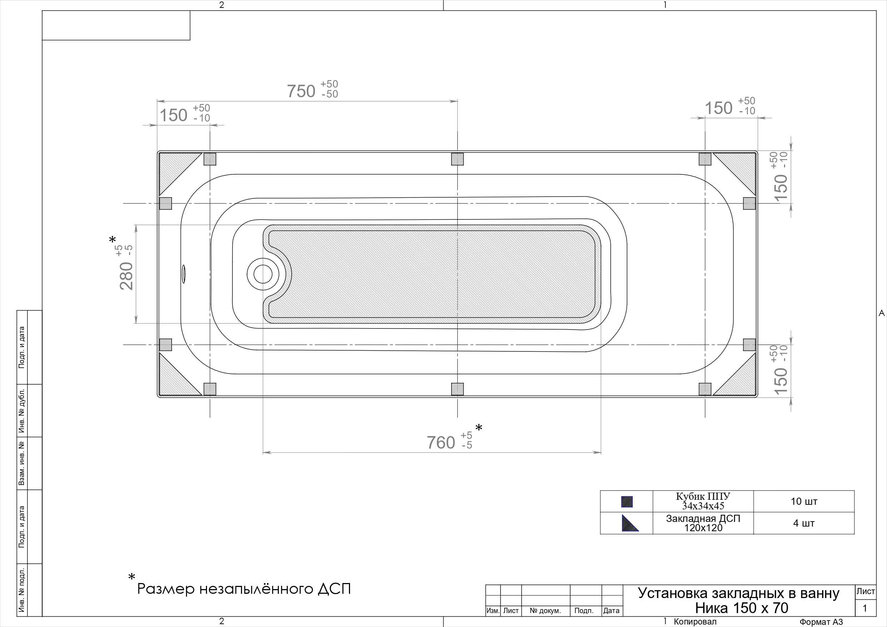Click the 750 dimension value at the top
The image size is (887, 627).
coord(301,92)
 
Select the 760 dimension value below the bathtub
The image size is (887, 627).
coord(441,443)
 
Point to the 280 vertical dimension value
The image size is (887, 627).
coord(126,276)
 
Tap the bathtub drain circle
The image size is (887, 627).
coord(263,274)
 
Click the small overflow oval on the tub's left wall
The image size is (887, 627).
coord(184,274)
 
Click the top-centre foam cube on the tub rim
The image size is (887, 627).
coord(457,159)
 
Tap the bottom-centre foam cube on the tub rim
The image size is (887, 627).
coord(457,389)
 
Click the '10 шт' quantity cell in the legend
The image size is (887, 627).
coord(804,502)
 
